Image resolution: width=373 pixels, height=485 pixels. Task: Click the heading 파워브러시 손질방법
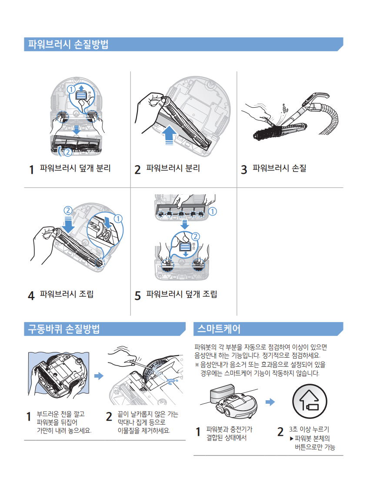68,44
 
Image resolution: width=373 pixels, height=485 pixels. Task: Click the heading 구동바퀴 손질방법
64,329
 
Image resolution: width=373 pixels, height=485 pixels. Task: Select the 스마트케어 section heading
219,329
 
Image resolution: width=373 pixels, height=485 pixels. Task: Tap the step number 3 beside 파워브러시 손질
244,169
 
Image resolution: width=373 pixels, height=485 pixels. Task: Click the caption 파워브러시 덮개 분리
75,168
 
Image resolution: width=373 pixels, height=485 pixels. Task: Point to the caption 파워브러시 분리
173,168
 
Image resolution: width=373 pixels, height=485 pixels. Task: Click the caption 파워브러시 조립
67,294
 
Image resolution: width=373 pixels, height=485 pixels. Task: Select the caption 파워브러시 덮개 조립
182,294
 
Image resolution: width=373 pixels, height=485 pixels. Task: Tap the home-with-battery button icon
310,402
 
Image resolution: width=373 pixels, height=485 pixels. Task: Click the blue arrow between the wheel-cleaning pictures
99,376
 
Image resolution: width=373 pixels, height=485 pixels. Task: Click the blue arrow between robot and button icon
270,402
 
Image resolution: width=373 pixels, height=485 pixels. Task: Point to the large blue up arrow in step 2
170,135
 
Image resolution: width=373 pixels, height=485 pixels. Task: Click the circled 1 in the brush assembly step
118,219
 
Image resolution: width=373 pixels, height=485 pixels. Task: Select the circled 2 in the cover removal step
68,152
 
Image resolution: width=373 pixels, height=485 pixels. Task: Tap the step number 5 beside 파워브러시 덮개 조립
138,296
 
